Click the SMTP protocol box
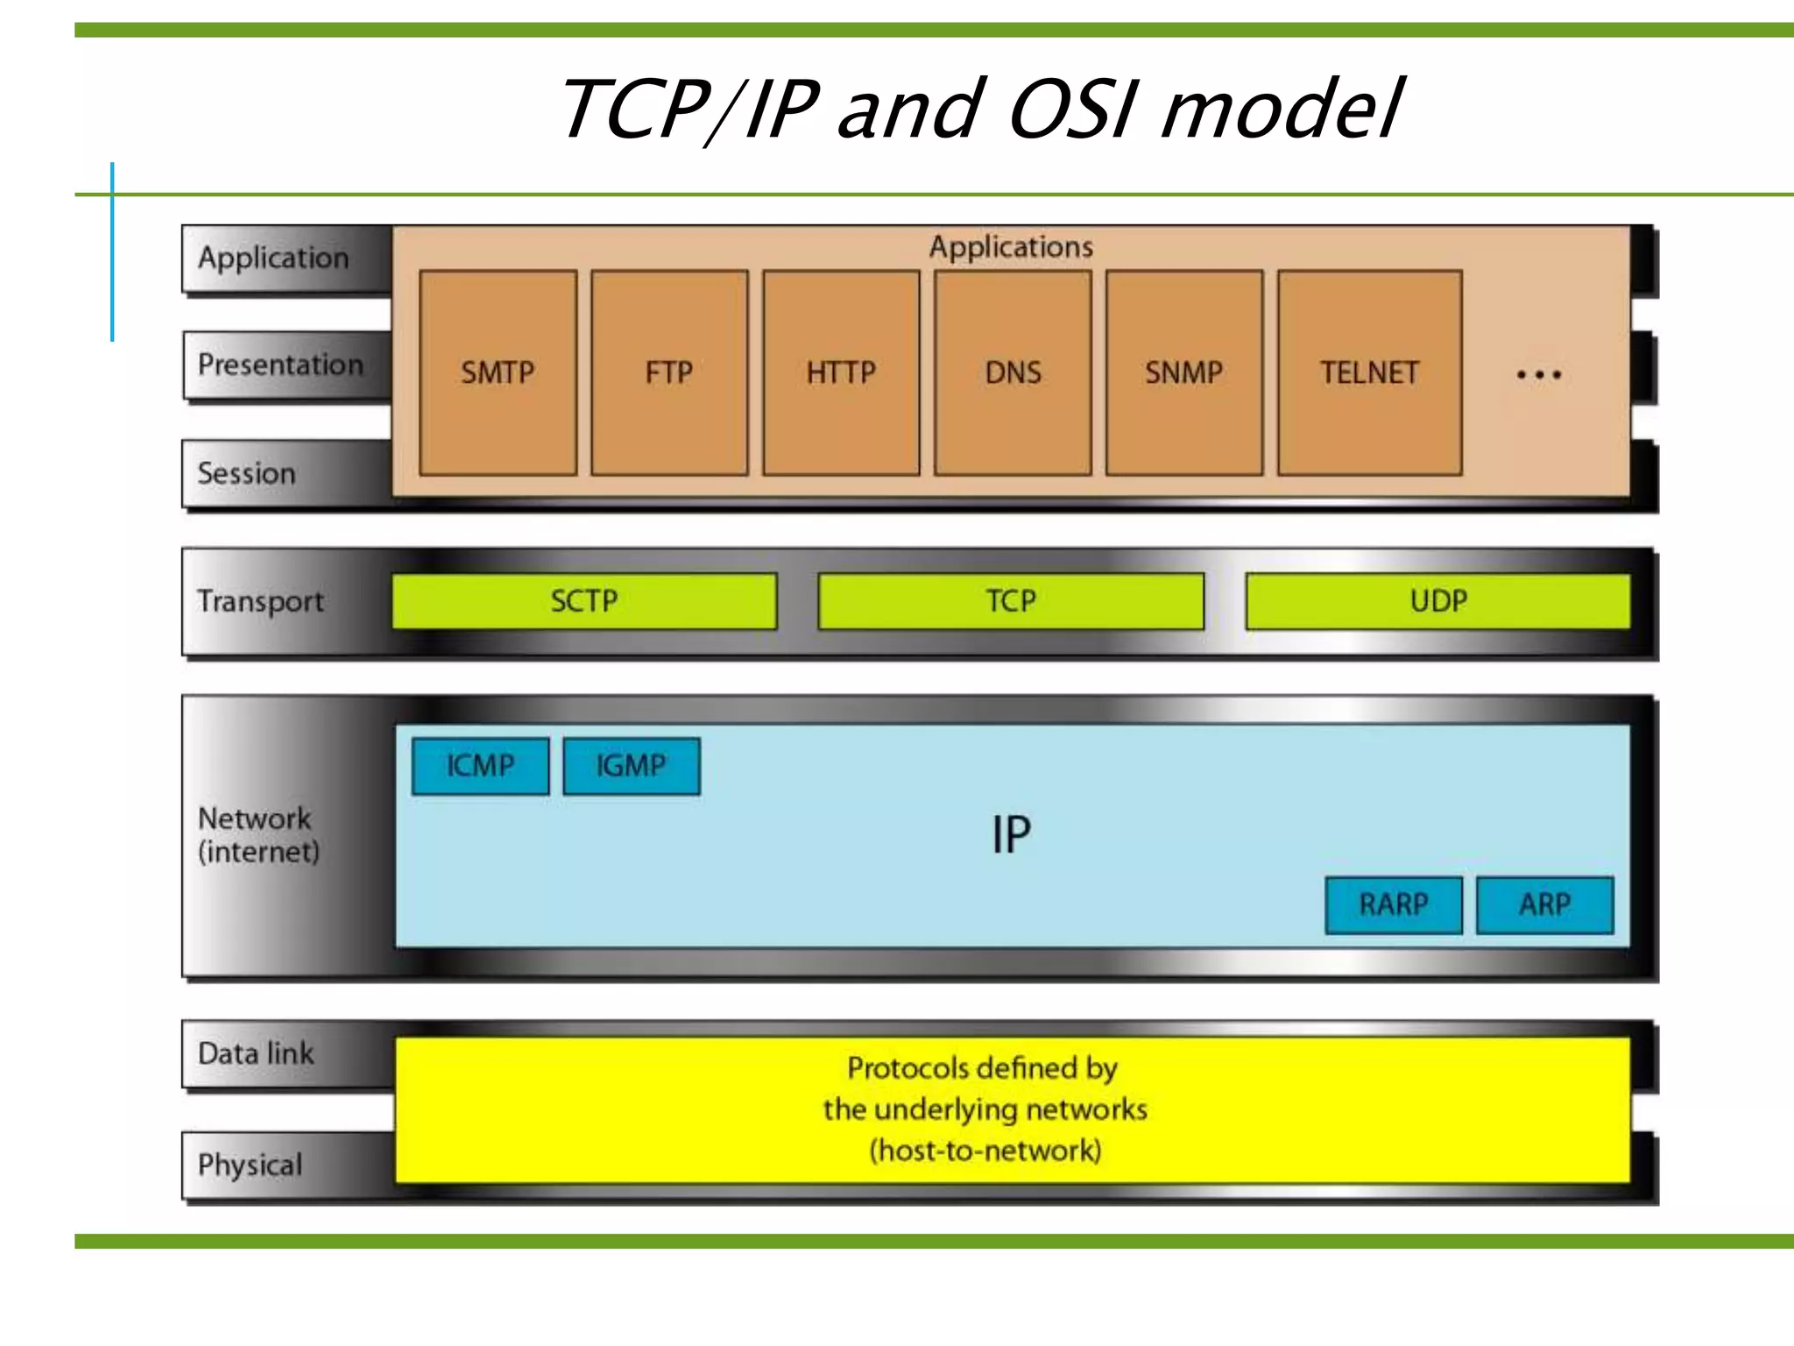tap(498, 372)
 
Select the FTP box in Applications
tap(669, 372)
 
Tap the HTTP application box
tap(841, 372)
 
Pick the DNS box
tap(1013, 372)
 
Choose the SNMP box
tap(1184, 372)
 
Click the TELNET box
tap(1369, 372)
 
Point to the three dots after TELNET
tap(1539, 375)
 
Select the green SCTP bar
tap(584, 601)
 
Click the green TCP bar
tap(1011, 601)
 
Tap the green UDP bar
tap(1438, 601)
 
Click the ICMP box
tap(480, 766)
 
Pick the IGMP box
tap(631, 766)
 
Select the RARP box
tap(1394, 904)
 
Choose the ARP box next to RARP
tap(1544, 904)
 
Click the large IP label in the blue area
tap(1011, 834)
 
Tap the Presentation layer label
tap(280, 365)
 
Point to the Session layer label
tap(247, 473)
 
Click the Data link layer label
tap(256, 1053)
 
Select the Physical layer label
tap(251, 1165)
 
